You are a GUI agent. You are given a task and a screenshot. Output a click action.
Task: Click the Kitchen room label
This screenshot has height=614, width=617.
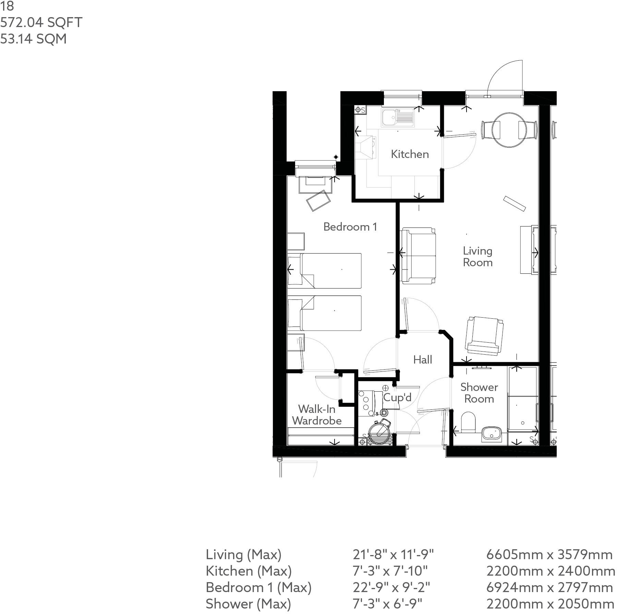(x=410, y=154)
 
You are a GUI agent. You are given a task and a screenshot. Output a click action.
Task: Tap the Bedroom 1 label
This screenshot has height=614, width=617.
(x=350, y=227)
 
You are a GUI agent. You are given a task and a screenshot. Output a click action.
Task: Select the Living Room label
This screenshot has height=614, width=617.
(x=477, y=257)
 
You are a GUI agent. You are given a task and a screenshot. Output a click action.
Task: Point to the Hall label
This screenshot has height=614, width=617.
(x=422, y=360)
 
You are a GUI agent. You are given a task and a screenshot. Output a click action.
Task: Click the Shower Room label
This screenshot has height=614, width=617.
(x=479, y=393)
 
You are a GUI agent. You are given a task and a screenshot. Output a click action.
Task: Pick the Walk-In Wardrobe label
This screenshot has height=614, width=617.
(x=317, y=415)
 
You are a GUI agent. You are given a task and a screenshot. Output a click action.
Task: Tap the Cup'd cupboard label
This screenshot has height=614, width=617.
(x=397, y=397)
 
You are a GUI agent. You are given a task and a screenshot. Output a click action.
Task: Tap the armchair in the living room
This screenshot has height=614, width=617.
(x=483, y=335)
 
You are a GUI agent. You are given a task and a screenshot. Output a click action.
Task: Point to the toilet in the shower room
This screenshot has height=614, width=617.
(x=468, y=422)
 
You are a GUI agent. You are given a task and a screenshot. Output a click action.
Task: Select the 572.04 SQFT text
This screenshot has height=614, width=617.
(x=41, y=23)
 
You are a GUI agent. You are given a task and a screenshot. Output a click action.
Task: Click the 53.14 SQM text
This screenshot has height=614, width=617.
(x=33, y=39)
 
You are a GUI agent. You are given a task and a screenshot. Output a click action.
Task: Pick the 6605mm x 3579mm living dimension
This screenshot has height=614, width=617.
(x=549, y=555)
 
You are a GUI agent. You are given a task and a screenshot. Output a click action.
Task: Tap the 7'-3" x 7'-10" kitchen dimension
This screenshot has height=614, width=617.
(x=390, y=571)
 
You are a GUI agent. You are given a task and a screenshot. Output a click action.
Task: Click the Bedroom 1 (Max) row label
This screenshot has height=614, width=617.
(x=258, y=588)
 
